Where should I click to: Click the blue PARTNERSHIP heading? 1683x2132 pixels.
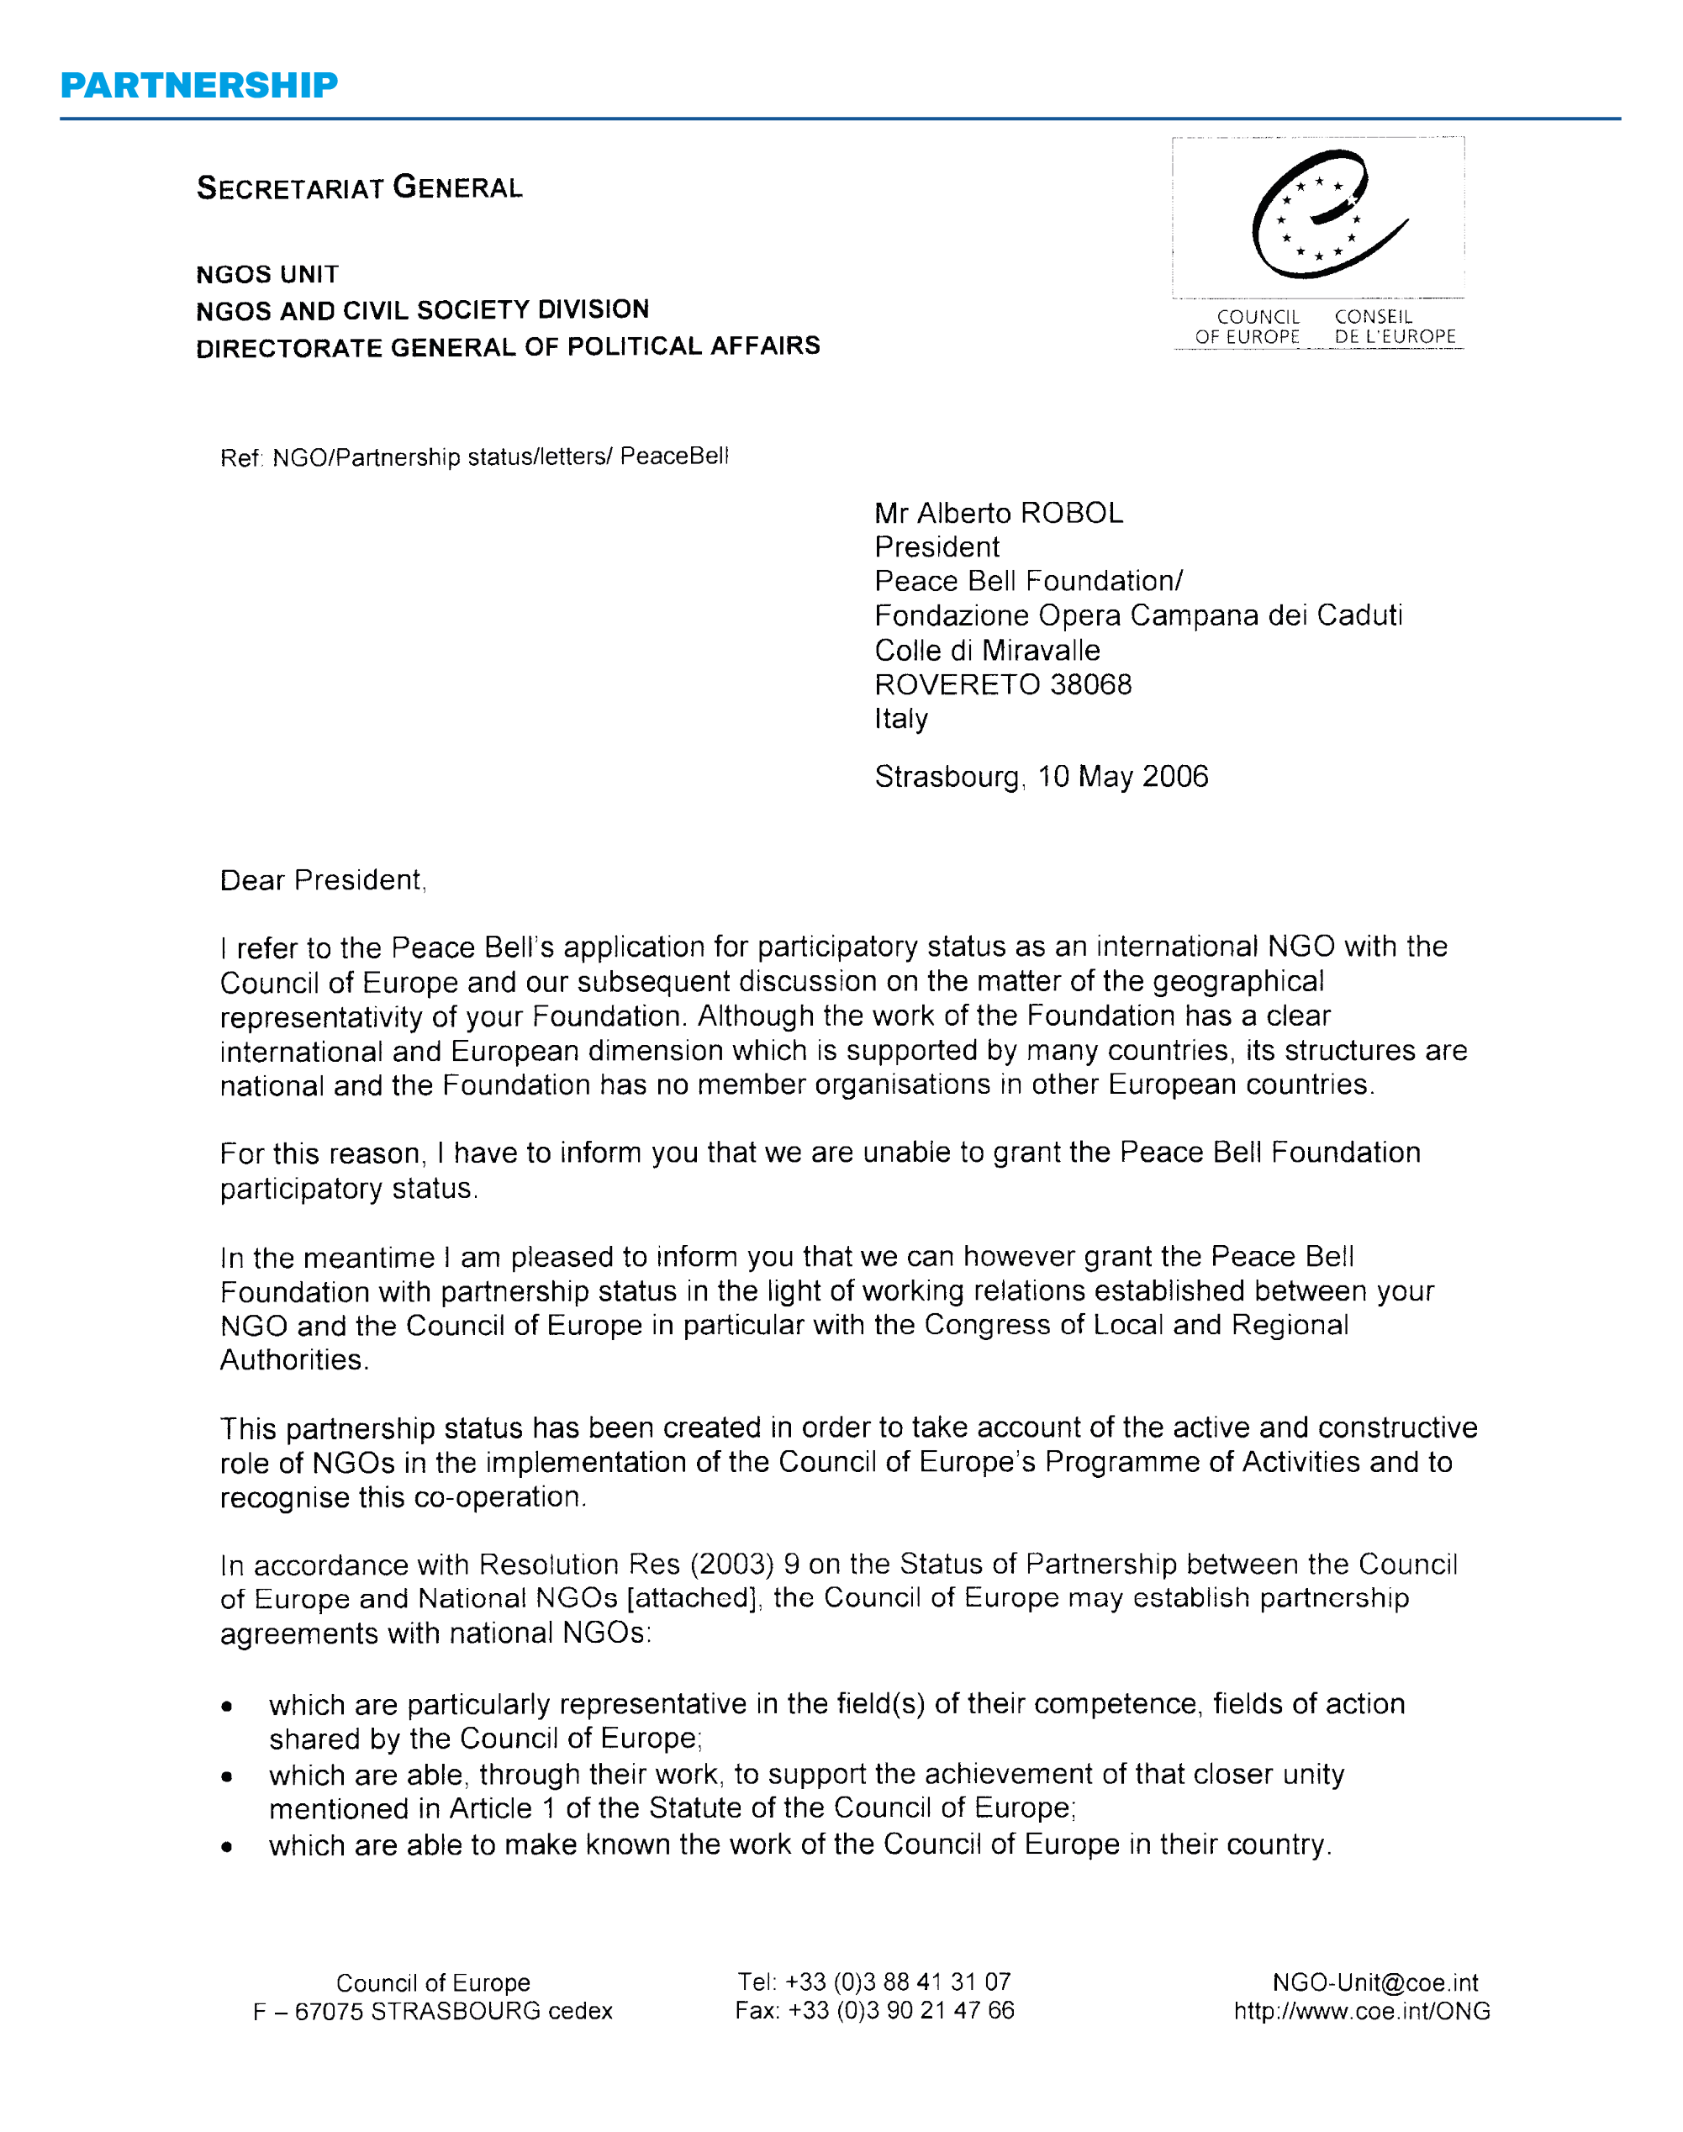click(199, 86)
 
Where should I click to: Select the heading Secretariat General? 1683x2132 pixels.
click(360, 187)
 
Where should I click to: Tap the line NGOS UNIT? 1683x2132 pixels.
click(267, 274)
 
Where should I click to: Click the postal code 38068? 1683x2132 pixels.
click(1091, 684)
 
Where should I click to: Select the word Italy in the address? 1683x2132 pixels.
click(900, 719)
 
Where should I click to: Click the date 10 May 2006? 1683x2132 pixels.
click(1122, 778)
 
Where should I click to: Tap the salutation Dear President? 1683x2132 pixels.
click(322, 881)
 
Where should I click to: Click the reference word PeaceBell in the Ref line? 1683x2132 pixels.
click(674, 456)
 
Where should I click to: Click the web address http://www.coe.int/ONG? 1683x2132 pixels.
click(1362, 2011)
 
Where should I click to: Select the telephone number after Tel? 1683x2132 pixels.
click(898, 1982)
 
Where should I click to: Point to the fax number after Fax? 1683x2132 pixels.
click(900, 2010)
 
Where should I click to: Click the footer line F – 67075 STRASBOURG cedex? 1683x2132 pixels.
click(433, 2011)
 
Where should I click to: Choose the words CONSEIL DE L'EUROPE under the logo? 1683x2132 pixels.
click(1395, 327)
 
